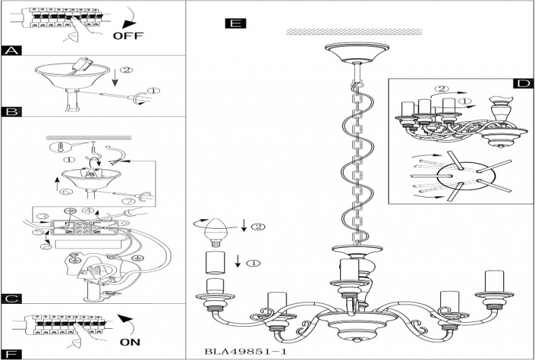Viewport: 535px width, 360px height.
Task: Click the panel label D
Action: [522, 83]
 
